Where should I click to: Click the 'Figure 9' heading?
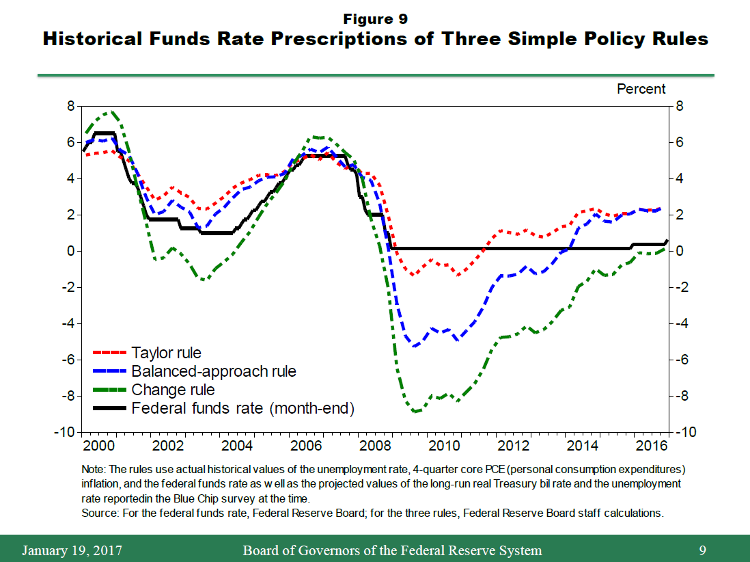coord(375,18)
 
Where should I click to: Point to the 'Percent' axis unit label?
coord(641,89)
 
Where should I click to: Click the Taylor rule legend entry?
coord(166,353)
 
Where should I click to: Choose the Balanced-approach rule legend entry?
coord(213,372)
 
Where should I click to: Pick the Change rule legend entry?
coord(173,390)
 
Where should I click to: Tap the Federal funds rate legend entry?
coord(242,408)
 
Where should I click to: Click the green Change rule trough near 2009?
coord(415,412)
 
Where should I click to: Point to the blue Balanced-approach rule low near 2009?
coord(415,346)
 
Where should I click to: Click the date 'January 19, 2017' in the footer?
coord(72,550)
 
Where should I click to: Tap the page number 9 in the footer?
coord(702,550)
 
